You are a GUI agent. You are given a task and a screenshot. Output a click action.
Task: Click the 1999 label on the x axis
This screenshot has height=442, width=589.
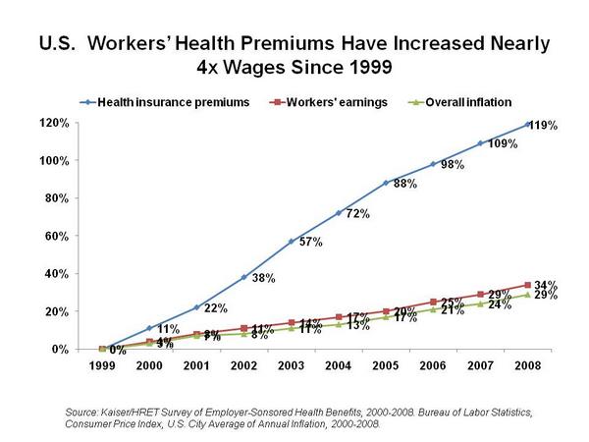(103, 365)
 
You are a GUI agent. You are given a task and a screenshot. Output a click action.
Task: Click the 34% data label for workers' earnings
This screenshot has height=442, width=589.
(546, 285)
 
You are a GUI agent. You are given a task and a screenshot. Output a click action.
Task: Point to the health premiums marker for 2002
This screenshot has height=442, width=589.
(245, 277)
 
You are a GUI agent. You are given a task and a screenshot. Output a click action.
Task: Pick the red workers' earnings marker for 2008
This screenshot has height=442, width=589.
(529, 285)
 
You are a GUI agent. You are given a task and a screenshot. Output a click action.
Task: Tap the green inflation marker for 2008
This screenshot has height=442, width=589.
(529, 295)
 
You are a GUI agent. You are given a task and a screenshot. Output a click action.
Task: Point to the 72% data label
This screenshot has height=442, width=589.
(356, 213)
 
